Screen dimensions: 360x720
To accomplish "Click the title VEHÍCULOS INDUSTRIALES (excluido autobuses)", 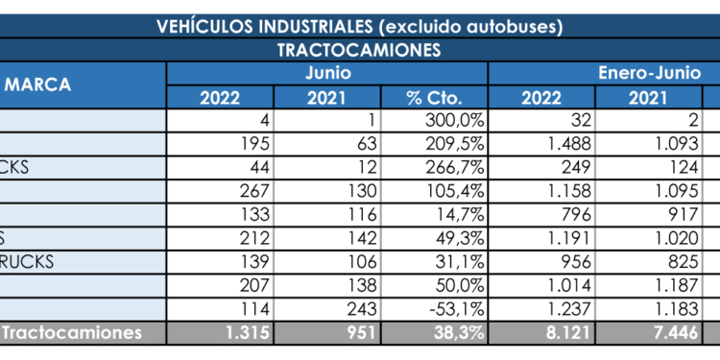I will [x=359, y=26].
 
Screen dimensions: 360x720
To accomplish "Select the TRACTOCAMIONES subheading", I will [x=359, y=49].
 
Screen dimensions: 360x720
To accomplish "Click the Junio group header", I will [x=327, y=73].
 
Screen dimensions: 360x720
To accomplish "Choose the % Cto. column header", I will [x=435, y=97].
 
